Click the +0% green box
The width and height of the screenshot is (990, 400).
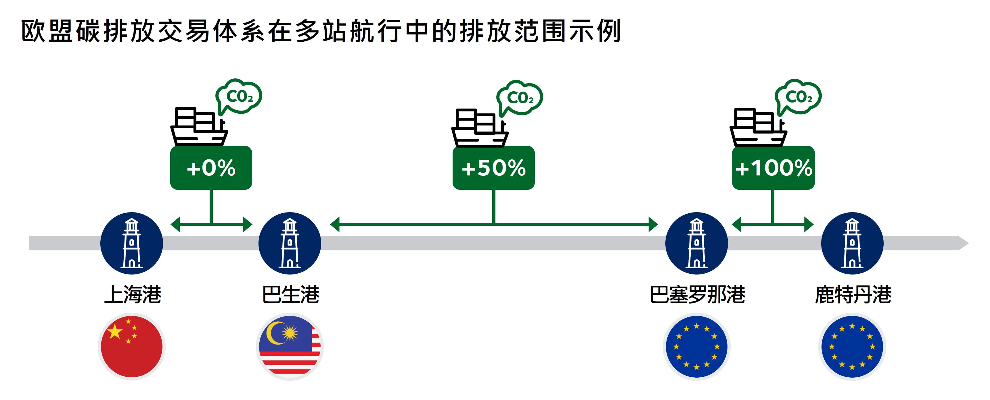click(211, 168)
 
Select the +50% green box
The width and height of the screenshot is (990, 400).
click(493, 168)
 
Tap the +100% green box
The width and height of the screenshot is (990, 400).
click(773, 168)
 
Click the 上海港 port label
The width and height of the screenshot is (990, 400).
click(133, 294)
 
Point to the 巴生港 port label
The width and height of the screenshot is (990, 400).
click(290, 294)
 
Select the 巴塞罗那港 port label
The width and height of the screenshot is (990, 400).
click(697, 294)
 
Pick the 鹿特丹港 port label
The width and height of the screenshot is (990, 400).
click(853, 294)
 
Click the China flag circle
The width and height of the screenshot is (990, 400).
click(132, 347)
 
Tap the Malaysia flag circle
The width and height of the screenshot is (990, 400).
click(290, 347)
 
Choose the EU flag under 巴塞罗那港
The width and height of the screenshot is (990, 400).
click(696, 347)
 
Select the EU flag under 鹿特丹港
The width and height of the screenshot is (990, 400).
click(852, 347)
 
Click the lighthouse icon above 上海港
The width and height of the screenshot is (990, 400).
click(132, 243)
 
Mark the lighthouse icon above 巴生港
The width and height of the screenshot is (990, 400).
click(290, 243)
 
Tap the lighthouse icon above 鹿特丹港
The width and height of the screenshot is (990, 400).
click(852, 243)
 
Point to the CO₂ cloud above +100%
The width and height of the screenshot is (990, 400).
click(798, 97)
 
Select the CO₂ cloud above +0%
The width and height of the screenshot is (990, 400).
click(239, 97)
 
